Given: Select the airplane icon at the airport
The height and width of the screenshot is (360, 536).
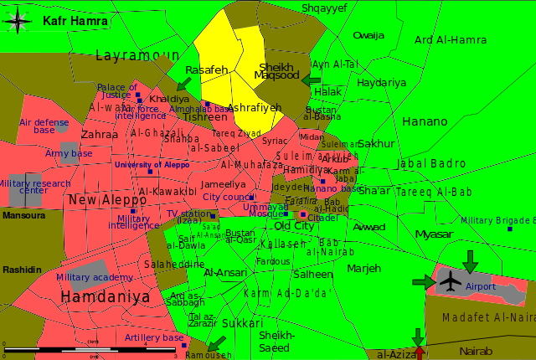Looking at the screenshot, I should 451,282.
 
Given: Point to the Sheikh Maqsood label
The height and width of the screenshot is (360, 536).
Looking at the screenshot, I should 276,71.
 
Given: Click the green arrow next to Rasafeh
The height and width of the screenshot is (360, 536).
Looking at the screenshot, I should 183,84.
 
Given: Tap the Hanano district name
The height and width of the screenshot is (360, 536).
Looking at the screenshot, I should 425,121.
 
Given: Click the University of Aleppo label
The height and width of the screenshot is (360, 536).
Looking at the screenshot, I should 152,165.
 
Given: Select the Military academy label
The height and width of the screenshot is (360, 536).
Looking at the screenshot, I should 94,277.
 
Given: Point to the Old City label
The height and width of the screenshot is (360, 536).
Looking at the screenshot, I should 294,226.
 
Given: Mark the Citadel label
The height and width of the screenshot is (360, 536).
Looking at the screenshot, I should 323,218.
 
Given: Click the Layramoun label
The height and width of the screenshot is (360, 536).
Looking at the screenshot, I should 137,56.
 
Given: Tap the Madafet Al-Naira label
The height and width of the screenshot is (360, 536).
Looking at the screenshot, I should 488,317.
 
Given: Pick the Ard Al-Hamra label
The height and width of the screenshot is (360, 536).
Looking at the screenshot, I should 451,39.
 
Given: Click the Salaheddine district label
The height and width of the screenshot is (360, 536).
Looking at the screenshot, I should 174,264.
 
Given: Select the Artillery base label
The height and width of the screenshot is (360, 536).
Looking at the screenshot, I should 153,337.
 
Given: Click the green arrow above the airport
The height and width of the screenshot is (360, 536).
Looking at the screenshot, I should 470,261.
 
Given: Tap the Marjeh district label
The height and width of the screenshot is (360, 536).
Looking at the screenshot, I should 363,268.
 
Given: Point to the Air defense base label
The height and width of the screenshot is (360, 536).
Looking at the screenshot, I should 44,126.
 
